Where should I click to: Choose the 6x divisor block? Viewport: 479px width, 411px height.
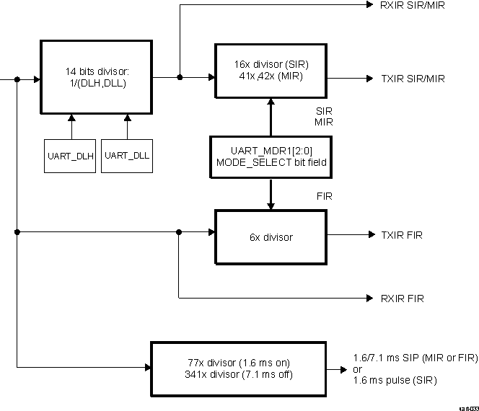tap(271, 236)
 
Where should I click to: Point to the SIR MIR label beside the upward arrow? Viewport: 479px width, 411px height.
tap(324, 118)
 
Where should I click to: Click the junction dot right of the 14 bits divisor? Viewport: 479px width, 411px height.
tap(179, 76)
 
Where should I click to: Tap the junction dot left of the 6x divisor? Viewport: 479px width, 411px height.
tap(179, 232)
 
